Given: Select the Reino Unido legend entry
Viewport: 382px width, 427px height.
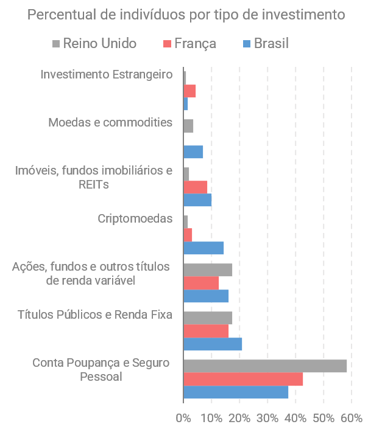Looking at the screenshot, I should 99,43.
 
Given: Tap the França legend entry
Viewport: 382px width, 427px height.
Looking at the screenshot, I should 195,43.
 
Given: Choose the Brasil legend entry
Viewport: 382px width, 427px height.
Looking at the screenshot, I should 271,43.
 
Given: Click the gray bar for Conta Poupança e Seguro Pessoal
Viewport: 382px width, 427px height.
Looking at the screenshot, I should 264,366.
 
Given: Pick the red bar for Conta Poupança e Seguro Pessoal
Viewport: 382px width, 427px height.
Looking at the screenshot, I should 242,379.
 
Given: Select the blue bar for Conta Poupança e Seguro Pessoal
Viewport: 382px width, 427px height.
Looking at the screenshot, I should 235,392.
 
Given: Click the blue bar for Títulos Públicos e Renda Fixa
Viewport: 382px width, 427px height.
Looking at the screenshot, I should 212,344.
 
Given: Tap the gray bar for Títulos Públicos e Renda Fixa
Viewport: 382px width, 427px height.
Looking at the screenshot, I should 207,318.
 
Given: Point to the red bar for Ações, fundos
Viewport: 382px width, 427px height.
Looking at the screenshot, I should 200,283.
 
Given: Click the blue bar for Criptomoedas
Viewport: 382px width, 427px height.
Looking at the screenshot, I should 203,248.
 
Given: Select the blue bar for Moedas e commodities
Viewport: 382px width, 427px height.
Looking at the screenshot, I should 193,151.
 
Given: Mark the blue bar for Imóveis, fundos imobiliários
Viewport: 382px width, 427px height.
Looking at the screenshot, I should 197,200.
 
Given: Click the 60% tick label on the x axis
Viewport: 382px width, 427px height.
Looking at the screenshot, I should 352,418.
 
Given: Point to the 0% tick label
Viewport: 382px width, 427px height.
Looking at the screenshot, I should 183,418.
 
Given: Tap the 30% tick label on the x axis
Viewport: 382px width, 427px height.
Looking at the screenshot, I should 267,418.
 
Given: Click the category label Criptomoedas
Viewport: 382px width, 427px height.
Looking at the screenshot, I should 135,219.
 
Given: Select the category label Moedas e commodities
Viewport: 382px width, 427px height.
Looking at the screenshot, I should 110,123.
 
